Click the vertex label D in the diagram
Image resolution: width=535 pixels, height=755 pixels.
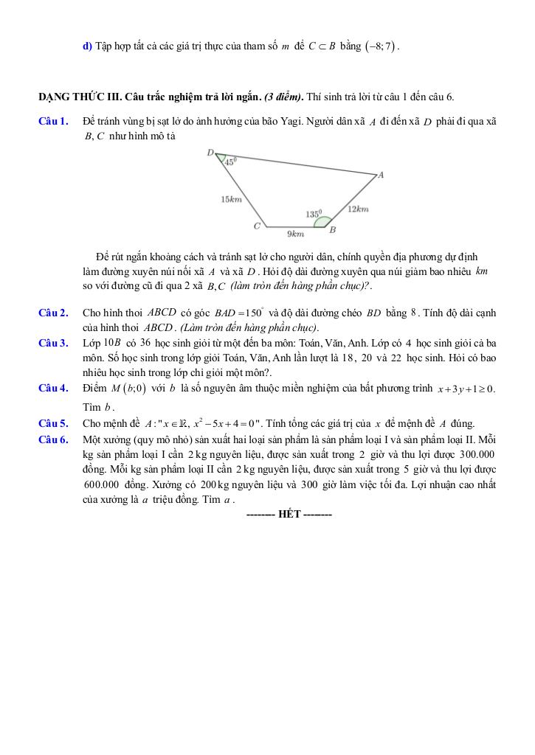[210, 153]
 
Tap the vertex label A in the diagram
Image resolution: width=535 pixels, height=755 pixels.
[381, 175]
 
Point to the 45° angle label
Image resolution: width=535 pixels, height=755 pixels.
[230, 161]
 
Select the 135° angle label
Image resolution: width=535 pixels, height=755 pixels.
[314, 213]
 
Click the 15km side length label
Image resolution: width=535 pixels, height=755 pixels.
[231, 198]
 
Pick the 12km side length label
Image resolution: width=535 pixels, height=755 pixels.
[358, 209]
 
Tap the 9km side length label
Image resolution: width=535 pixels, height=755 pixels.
[295, 234]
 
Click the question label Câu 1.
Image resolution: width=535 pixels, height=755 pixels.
[53, 121]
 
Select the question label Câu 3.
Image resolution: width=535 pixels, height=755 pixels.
[53, 343]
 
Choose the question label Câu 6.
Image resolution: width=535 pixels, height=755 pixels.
[53, 439]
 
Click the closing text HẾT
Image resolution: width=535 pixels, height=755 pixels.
[289, 514]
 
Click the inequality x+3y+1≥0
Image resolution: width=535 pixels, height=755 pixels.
[466, 389]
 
